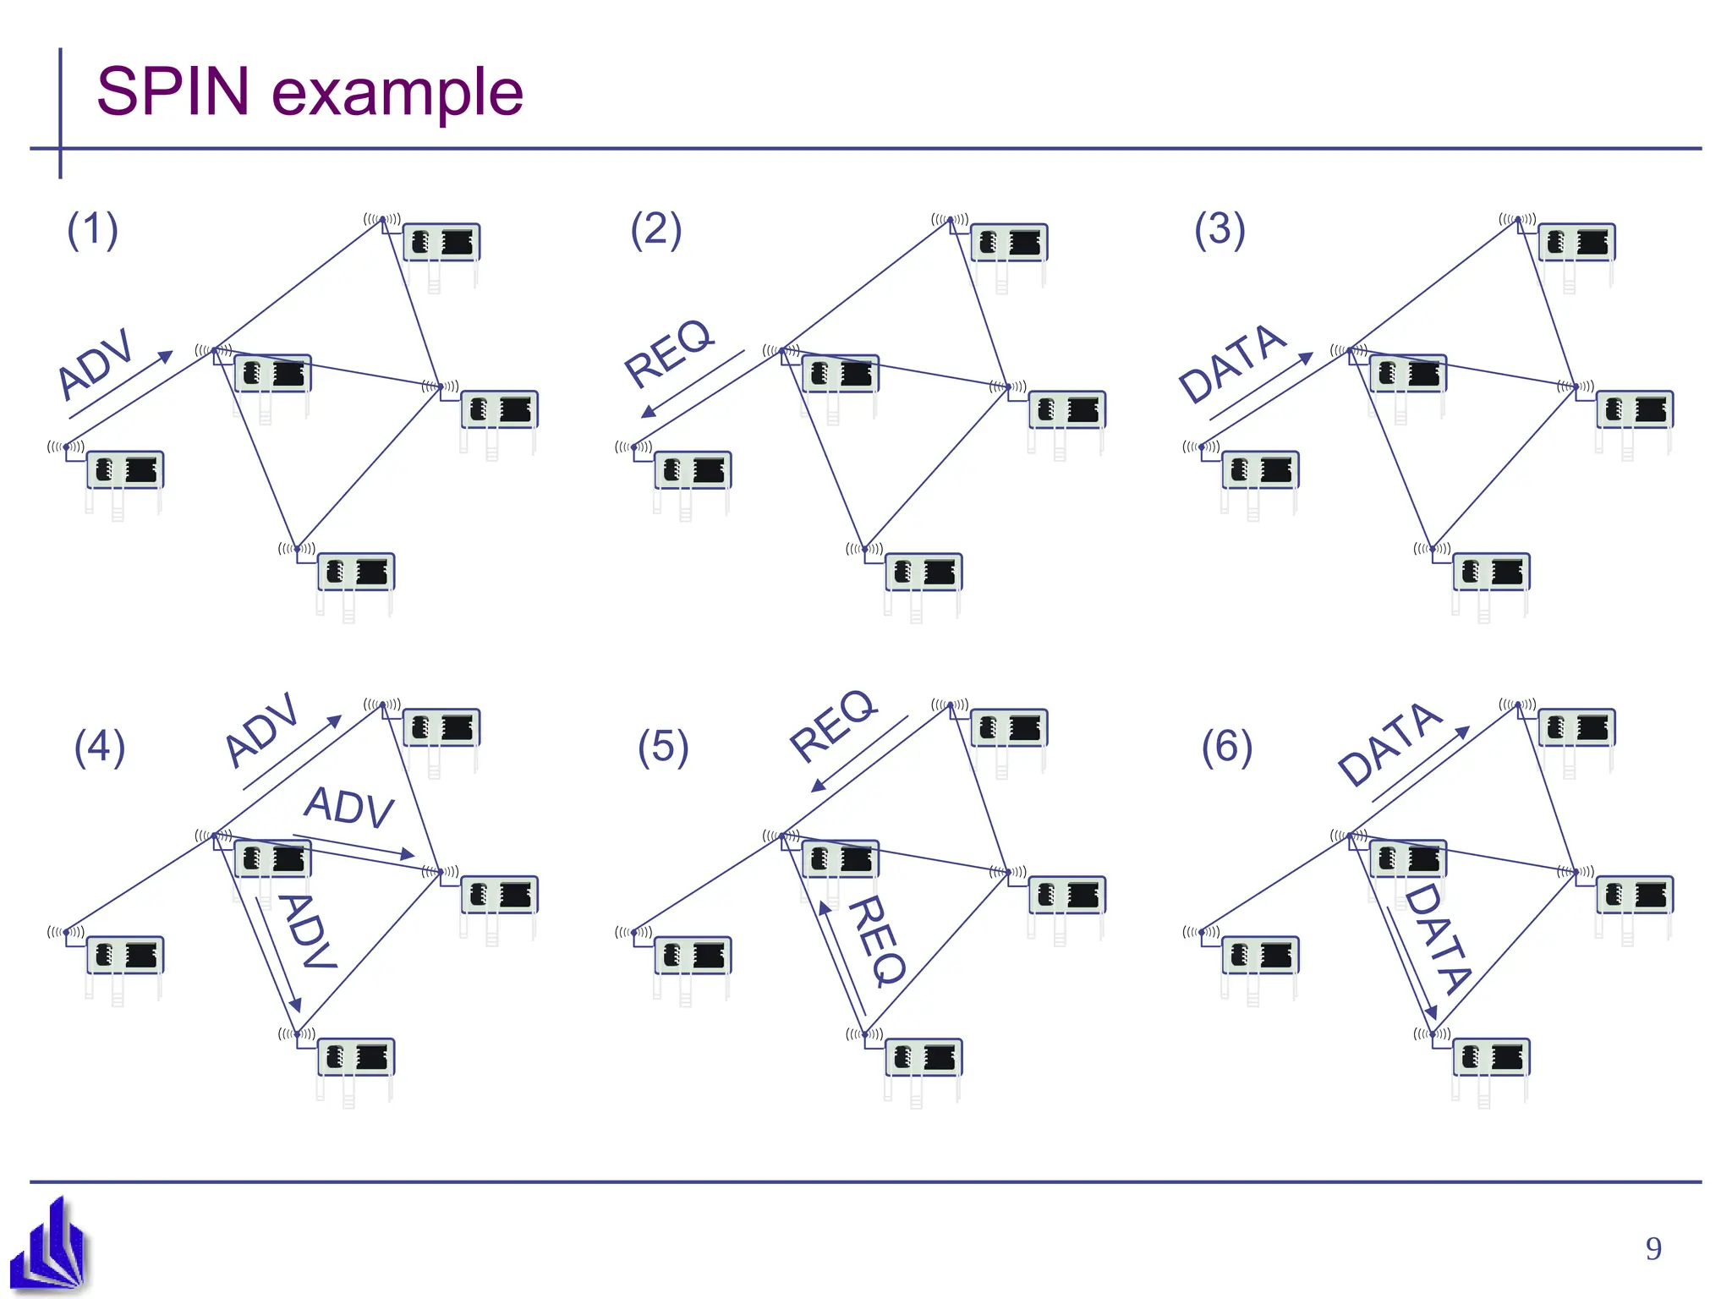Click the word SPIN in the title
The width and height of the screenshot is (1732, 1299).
click(x=173, y=91)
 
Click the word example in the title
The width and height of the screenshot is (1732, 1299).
click(x=397, y=93)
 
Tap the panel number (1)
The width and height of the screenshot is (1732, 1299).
click(x=92, y=230)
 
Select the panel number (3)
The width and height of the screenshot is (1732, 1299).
click(x=1220, y=230)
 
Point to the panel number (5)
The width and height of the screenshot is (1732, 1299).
click(x=663, y=748)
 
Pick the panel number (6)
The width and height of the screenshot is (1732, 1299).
click(x=1227, y=748)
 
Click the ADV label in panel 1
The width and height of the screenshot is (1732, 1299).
click(x=96, y=363)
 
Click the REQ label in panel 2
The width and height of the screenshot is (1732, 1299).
click(x=668, y=353)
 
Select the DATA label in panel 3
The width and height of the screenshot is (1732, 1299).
click(x=1232, y=364)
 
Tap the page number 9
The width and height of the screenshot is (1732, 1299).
click(x=1653, y=1249)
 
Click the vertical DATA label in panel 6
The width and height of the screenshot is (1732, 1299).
click(x=1439, y=939)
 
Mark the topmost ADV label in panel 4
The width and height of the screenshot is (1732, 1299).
click(x=262, y=730)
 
